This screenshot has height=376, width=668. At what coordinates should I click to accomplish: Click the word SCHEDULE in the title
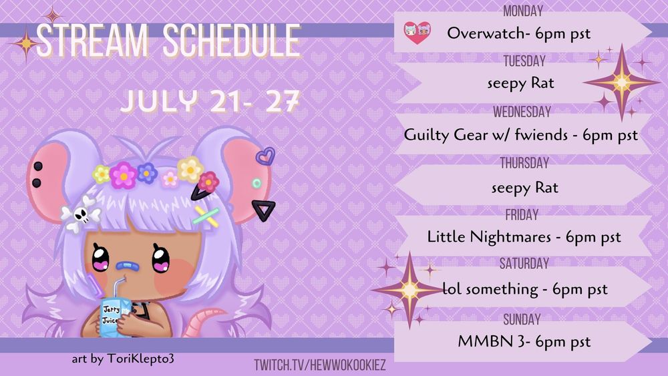(232, 41)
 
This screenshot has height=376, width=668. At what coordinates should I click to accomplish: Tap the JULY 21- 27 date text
(210, 102)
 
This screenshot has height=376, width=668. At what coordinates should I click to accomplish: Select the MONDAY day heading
(523, 11)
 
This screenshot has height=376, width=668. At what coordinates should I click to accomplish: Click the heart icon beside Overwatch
(417, 33)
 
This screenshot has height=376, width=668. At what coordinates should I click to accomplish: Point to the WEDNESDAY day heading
(522, 112)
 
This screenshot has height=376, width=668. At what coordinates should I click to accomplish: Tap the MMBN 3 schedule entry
(524, 341)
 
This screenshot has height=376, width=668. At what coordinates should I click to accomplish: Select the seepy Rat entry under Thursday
(524, 188)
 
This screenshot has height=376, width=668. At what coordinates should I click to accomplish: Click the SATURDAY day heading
(524, 264)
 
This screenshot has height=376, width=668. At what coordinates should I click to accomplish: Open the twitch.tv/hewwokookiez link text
(320, 365)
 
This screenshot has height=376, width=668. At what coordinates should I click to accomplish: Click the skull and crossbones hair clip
(80, 214)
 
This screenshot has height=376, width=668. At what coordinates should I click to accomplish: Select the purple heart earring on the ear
(265, 156)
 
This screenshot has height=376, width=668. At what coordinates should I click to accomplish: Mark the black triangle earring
(264, 210)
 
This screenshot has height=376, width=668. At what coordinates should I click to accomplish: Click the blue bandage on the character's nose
(126, 266)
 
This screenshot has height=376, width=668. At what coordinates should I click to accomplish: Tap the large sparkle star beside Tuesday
(621, 81)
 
